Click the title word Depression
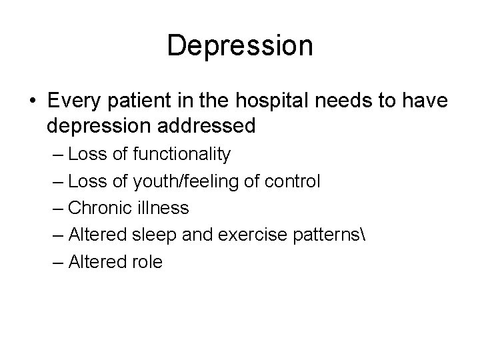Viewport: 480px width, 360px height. (x=240, y=46)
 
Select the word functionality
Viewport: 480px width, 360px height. (x=182, y=155)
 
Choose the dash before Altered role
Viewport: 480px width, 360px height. (x=56, y=262)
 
